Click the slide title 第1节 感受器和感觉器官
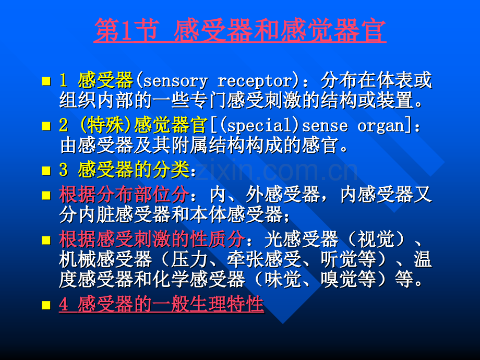click(240, 31)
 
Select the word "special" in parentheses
click(259, 126)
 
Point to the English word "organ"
click(381, 126)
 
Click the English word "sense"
click(325, 126)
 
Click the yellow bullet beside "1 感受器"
click(46, 81)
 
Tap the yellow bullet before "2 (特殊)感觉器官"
click(46, 126)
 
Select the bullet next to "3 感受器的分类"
click(46, 171)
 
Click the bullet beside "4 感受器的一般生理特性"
click(46, 305)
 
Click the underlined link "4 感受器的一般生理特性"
click(161, 304)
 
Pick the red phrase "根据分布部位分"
click(124, 195)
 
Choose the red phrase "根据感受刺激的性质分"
click(152, 239)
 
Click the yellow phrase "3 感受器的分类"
click(124, 170)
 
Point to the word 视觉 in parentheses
click(376, 239)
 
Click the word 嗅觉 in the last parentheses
click(339, 279)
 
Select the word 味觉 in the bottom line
click(283, 279)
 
